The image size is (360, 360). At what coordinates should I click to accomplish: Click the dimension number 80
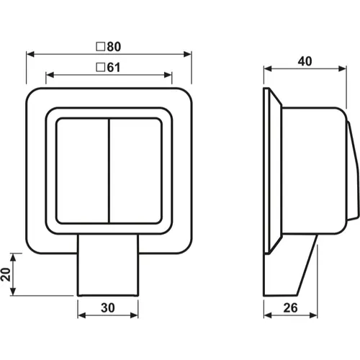click(114, 47)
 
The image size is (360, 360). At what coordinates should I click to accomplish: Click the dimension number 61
click(114, 68)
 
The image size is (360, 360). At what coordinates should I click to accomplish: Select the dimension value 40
click(305, 61)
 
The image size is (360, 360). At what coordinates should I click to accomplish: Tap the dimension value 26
click(290, 307)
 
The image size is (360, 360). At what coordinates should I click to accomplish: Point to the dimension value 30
click(108, 307)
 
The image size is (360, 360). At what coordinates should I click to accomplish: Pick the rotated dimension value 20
click(6, 274)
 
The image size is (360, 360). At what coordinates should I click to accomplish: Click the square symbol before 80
click(101, 47)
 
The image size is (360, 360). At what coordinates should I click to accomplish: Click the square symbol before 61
click(101, 68)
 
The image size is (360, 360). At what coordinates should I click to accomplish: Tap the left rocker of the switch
click(82, 171)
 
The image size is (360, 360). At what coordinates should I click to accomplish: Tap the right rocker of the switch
click(135, 171)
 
